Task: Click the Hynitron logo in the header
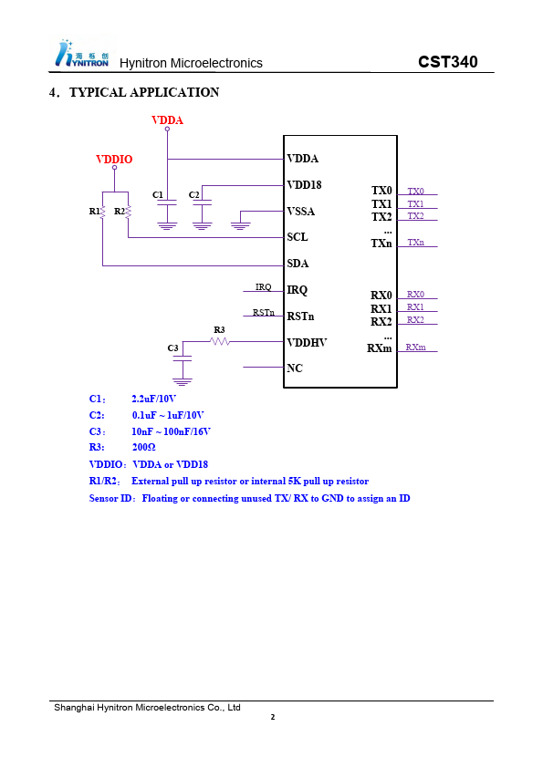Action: tap(82, 53)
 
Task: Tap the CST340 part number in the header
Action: tap(447, 62)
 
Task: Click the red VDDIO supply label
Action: tap(114, 160)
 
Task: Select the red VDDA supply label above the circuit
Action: tap(167, 120)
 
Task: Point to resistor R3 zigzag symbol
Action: tap(220, 341)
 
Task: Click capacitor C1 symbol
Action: tap(167, 202)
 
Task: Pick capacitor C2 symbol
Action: tap(203, 202)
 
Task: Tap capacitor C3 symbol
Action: tap(183, 359)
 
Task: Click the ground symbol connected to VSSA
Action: tap(241, 226)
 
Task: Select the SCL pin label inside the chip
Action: tap(298, 237)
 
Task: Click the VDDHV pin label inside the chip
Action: tap(307, 342)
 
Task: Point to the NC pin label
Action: tap(295, 368)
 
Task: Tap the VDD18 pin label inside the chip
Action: tap(304, 184)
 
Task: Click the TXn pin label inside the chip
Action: tap(381, 244)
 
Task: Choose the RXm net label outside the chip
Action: tap(415, 347)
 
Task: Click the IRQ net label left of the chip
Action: tap(263, 287)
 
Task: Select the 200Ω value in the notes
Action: tap(143, 447)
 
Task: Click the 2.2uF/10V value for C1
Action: tap(153, 399)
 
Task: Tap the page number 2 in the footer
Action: tap(273, 717)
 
